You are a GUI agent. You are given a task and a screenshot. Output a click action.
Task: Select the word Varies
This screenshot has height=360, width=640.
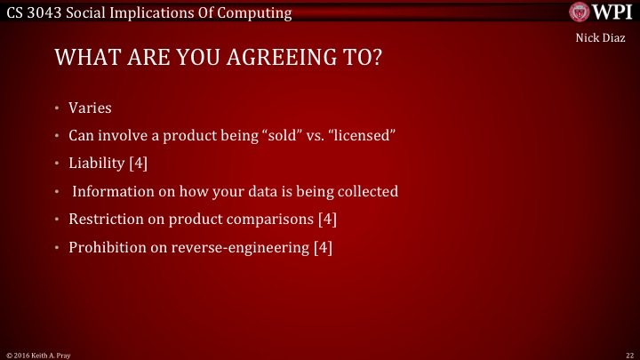pos(90,108)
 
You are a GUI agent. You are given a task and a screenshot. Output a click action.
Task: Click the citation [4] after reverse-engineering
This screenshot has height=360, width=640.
pos(323,247)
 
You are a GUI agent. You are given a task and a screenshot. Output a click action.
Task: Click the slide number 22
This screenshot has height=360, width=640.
pos(628,355)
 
